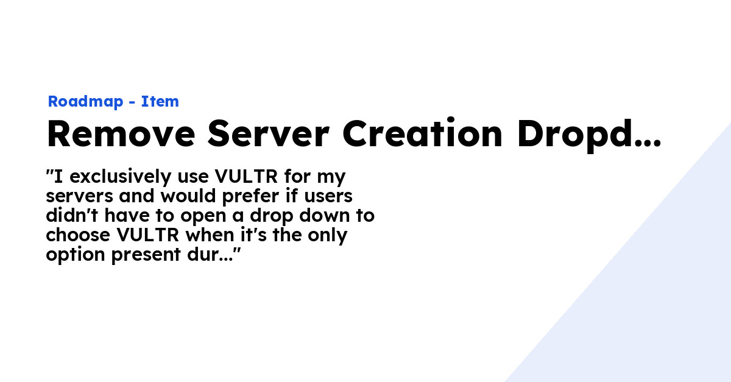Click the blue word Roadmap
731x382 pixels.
pos(85,102)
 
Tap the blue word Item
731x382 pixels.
pos(160,101)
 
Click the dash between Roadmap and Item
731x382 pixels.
pos(132,102)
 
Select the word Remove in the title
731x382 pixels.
pos(121,133)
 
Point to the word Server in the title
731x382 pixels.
pos(268,133)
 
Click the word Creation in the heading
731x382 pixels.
pos(423,133)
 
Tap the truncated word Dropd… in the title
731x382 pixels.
pos(589,135)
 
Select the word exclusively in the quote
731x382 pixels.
pos(121,177)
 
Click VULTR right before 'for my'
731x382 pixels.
pos(246,176)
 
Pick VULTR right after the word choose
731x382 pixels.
pos(148,235)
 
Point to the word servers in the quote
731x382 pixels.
pos(79,197)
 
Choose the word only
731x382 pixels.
pos(327,235)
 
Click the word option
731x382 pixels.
pos(76,255)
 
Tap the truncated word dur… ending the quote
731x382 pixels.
pos(210,254)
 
